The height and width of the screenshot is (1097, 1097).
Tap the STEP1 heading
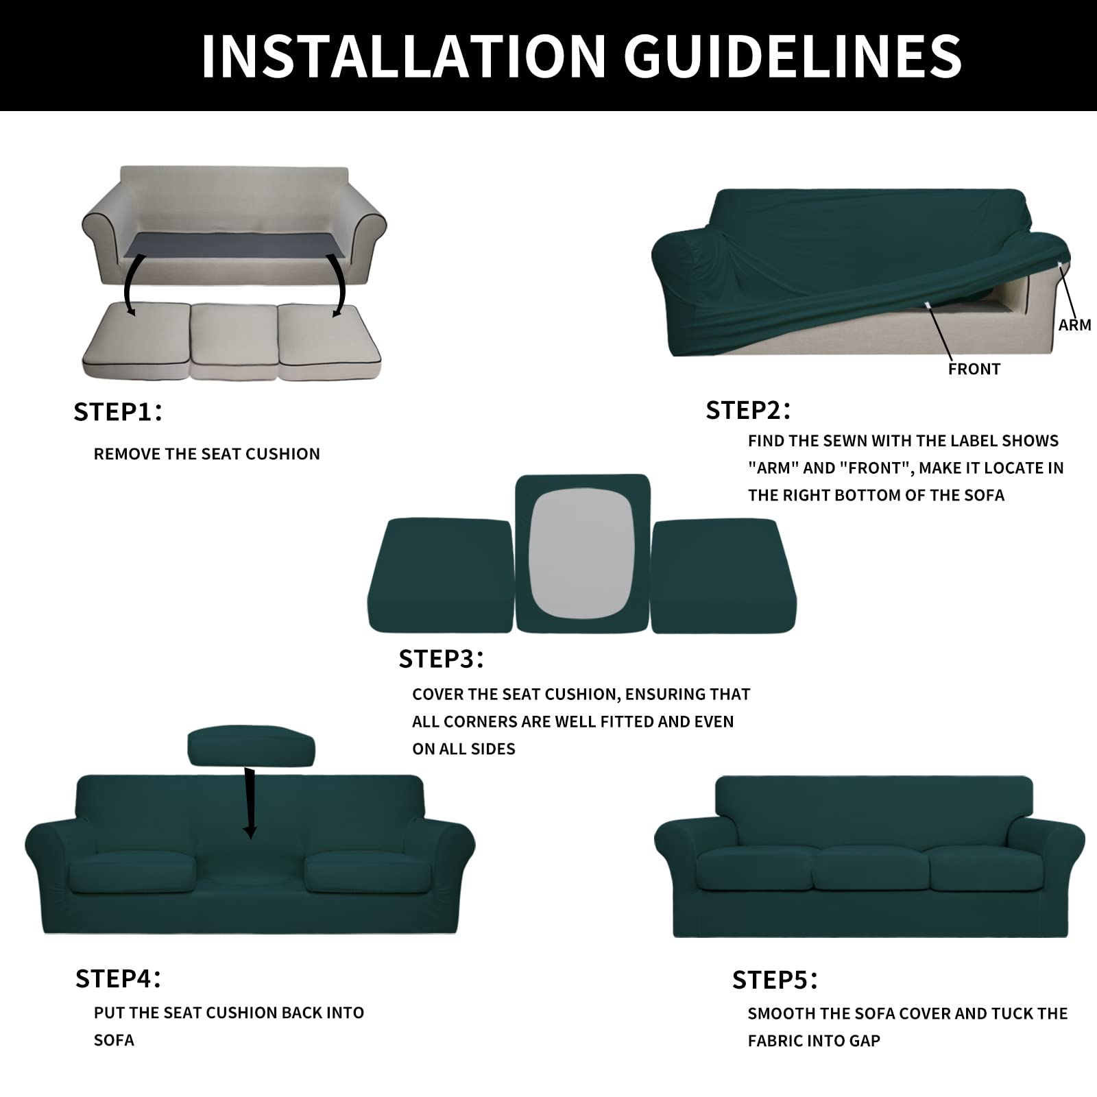pos(117,412)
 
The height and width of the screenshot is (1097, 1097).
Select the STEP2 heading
pos(748,410)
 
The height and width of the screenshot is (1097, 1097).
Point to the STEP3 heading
pos(441,659)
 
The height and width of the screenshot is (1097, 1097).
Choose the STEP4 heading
pos(118,978)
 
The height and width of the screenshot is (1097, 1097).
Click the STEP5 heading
pos(775,980)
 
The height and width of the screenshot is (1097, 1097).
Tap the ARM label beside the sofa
pos(1074,325)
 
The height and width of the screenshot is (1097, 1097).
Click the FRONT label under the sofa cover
pos(974,369)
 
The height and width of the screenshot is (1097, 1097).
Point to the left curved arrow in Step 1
pos(128,285)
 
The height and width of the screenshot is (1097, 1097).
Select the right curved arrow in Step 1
pos(338,285)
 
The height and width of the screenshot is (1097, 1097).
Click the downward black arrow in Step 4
pos(250,803)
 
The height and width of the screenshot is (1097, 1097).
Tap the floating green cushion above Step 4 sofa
pos(251,746)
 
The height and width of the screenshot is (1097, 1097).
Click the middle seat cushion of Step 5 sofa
pos(870,868)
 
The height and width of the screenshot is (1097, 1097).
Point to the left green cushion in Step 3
pos(441,575)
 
